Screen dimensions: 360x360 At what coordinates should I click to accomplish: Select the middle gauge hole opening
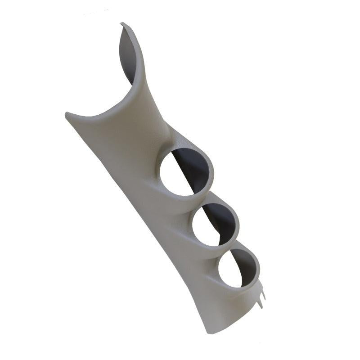(213, 224)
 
